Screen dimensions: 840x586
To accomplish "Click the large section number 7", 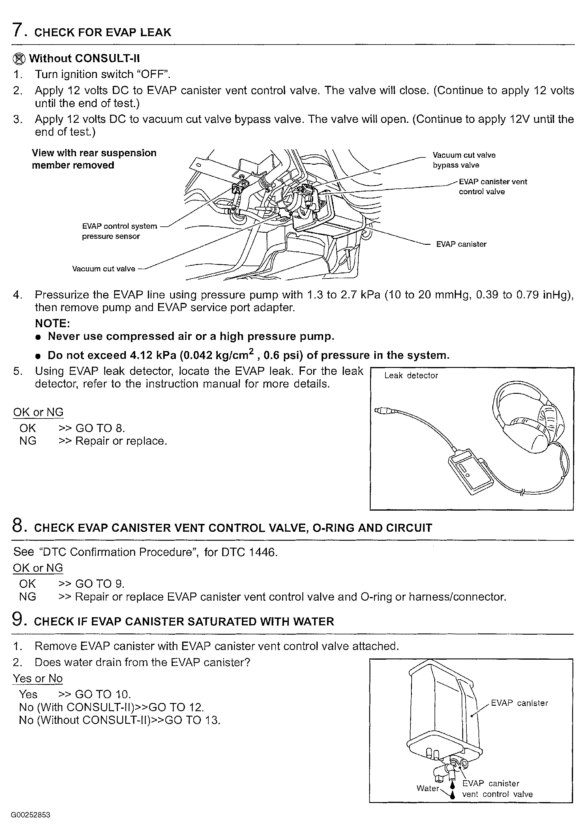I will [17, 30].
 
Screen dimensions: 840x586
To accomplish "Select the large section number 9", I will [17, 620].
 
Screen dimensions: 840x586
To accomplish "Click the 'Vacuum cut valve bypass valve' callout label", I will [463, 160].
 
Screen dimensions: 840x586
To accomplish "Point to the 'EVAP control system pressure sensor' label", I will [119, 231].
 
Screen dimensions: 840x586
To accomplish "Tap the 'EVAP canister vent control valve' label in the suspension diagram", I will [492, 187].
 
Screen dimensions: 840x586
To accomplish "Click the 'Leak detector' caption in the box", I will [411, 375].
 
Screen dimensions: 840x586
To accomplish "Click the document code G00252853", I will [30, 815].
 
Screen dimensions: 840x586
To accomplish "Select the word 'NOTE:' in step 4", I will [52, 323].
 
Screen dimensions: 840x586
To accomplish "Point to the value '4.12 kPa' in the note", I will [151, 355].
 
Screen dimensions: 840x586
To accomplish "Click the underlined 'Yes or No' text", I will [38, 678].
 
